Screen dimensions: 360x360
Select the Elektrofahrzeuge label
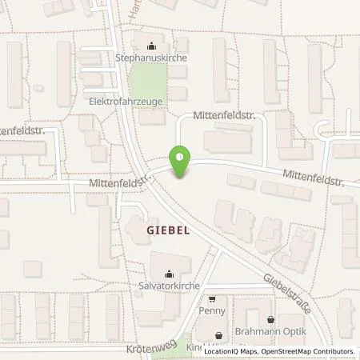pyautogui.click(x=126, y=102)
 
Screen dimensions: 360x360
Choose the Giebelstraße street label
pyautogui.click(x=283, y=291)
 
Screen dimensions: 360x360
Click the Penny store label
pyautogui.click(x=212, y=310)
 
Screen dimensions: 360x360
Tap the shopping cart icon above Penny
pyautogui.click(x=212, y=298)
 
